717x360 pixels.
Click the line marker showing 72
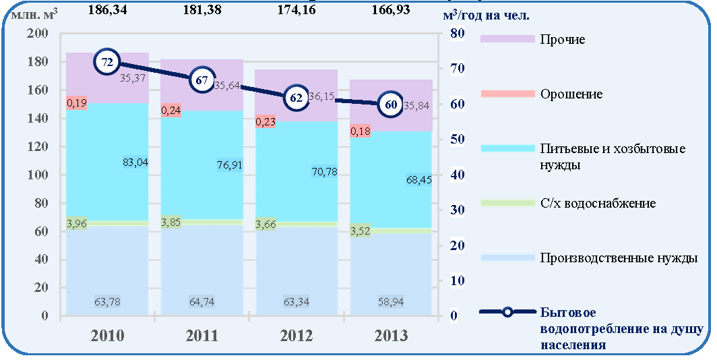click(107, 63)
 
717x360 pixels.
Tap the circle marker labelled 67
click(201, 80)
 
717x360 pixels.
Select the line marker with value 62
click(297, 98)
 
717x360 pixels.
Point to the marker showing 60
click(391, 104)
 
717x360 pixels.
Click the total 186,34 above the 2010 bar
click(107, 9)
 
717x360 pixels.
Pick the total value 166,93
click(391, 9)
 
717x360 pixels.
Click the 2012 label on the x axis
click(297, 336)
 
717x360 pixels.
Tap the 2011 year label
click(201, 336)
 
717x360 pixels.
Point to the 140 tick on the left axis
click(39, 119)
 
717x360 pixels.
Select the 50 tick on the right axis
click(458, 139)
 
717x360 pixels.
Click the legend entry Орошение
click(571, 94)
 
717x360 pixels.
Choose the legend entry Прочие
click(563, 39)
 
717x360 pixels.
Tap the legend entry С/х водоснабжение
click(598, 203)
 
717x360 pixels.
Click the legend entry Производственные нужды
click(619, 258)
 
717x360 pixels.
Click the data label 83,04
click(136, 162)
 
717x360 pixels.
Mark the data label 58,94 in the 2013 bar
click(391, 302)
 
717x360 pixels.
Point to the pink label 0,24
click(171, 111)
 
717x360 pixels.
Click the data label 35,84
click(417, 106)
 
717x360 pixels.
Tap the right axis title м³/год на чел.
click(486, 16)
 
